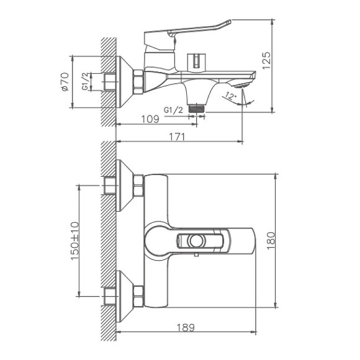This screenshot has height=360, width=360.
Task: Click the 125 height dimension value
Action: coord(266,60)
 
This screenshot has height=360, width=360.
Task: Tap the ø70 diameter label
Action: coord(65,82)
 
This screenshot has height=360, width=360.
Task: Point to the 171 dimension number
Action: coord(178,137)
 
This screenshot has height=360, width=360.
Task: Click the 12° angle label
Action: coord(231,96)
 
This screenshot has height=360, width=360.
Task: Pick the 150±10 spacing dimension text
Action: coord(75,240)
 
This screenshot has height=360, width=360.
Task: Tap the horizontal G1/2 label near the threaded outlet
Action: coord(173,110)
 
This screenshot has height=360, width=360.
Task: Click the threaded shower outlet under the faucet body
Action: coord(197,107)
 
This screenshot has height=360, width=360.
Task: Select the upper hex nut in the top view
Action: coord(138,185)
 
